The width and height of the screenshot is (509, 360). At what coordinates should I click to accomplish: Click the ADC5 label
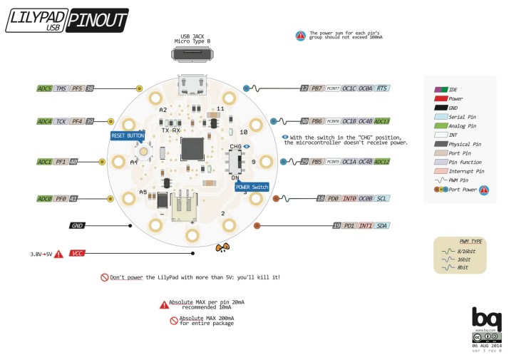click(x=45, y=88)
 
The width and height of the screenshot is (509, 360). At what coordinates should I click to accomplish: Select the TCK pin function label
click(x=61, y=122)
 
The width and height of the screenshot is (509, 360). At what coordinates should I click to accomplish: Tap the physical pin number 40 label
click(x=73, y=162)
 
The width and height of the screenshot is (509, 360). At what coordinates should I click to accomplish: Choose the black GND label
click(x=78, y=225)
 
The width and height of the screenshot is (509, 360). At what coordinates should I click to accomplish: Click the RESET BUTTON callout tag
click(x=127, y=135)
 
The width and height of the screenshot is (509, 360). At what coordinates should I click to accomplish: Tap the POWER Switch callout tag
click(x=251, y=186)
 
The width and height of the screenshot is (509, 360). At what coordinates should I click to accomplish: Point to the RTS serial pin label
click(x=381, y=88)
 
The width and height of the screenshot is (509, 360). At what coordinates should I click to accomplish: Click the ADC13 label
click(x=381, y=121)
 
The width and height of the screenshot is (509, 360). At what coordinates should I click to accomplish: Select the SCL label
click(x=381, y=198)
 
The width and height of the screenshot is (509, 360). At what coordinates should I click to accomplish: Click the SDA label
click(x=381, y=225)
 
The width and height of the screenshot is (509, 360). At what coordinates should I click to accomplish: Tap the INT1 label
click(x=364, y=225)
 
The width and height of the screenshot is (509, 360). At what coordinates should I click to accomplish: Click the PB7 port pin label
click(x=317, y=88)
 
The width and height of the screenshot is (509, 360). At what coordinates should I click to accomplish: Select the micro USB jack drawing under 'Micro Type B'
click(x=192, y=54)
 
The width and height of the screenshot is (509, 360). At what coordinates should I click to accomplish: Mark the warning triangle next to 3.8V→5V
click(x=58, y=253)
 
